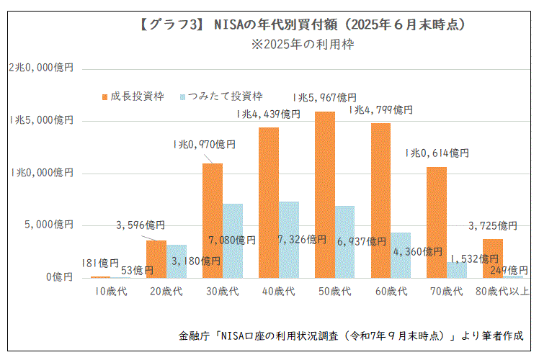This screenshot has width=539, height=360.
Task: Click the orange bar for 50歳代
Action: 325,194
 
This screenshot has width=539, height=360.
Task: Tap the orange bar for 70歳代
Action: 436,222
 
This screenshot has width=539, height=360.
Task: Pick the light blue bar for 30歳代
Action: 233,240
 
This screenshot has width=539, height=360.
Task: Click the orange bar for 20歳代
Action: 156,259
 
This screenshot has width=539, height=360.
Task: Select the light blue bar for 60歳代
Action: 401,255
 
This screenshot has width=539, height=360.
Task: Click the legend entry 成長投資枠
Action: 132,96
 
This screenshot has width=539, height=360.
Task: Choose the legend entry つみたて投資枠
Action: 220,96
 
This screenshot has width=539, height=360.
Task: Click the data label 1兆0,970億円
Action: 204,145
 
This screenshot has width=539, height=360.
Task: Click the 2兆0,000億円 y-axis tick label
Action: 41,68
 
